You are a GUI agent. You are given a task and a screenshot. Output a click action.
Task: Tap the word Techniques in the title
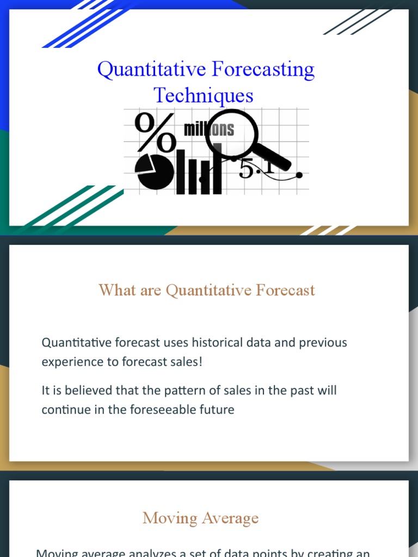204,95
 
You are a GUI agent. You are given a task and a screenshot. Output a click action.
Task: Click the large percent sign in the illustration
155,132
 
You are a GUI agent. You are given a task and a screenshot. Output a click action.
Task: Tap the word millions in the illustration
209,129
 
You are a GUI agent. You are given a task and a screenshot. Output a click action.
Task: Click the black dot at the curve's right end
299,175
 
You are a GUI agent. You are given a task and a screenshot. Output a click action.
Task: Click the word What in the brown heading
117,290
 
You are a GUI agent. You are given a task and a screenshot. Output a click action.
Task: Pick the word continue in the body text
65,410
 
